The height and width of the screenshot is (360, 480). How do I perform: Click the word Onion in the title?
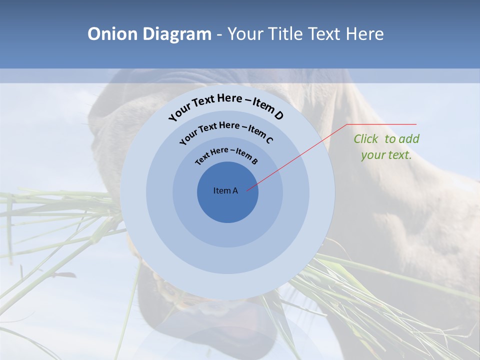coord(113,34)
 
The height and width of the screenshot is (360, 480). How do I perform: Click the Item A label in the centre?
coord(225,190)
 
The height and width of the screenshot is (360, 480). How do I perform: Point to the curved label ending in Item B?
coord(226,155)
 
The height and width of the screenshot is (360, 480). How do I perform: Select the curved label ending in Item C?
coord(226,131)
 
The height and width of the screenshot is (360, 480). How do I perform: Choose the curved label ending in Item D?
coord(226,106)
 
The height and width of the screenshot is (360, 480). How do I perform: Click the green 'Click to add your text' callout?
coord(386,147)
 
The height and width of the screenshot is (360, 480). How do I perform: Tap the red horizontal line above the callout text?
coord(382,124)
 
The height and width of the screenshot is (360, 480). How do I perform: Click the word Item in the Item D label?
coord(261,106)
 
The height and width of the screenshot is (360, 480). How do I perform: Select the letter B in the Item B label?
coord(254,161)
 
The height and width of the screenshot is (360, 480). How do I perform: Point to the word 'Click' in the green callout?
coord(366,139)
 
